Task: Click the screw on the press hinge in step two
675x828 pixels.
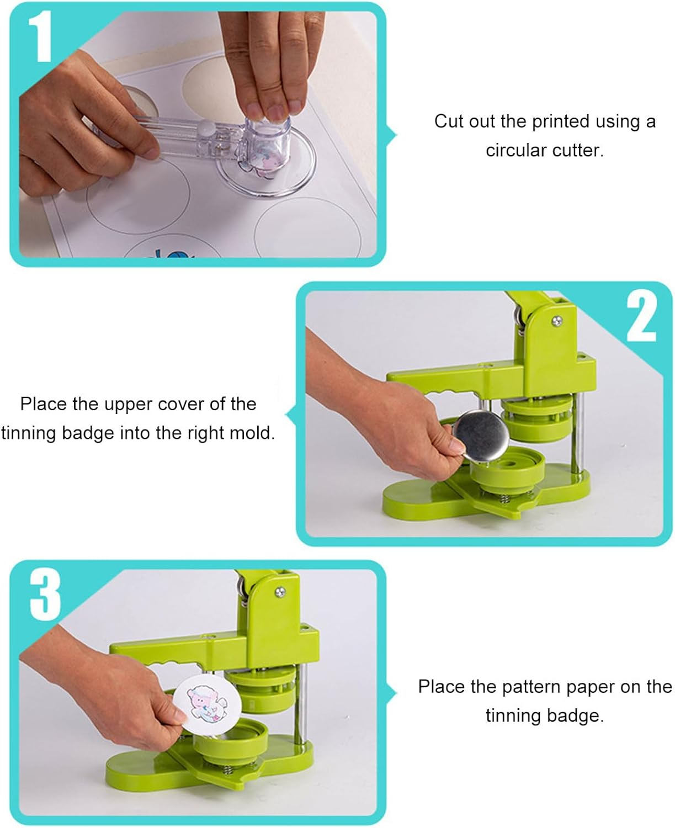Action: pyautogui.click(x=557, y=320)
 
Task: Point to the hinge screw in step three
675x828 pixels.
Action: pyautogui.click(x=280, y=592)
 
